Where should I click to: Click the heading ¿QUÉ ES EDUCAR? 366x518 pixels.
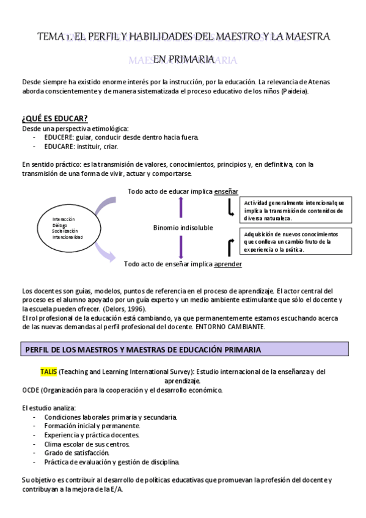tap(54, 118)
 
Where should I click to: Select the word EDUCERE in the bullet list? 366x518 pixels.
tap(59, 137)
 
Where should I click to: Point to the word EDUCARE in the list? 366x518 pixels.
tap(59, 147)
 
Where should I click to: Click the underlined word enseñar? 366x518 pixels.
tap(226, 191)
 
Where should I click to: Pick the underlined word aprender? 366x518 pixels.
tap(227, 264)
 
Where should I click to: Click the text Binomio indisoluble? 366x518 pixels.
tap(183, 227)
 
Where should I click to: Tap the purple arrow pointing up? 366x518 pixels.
tap(181, 207)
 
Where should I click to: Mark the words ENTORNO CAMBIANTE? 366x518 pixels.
tap(230, 327)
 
